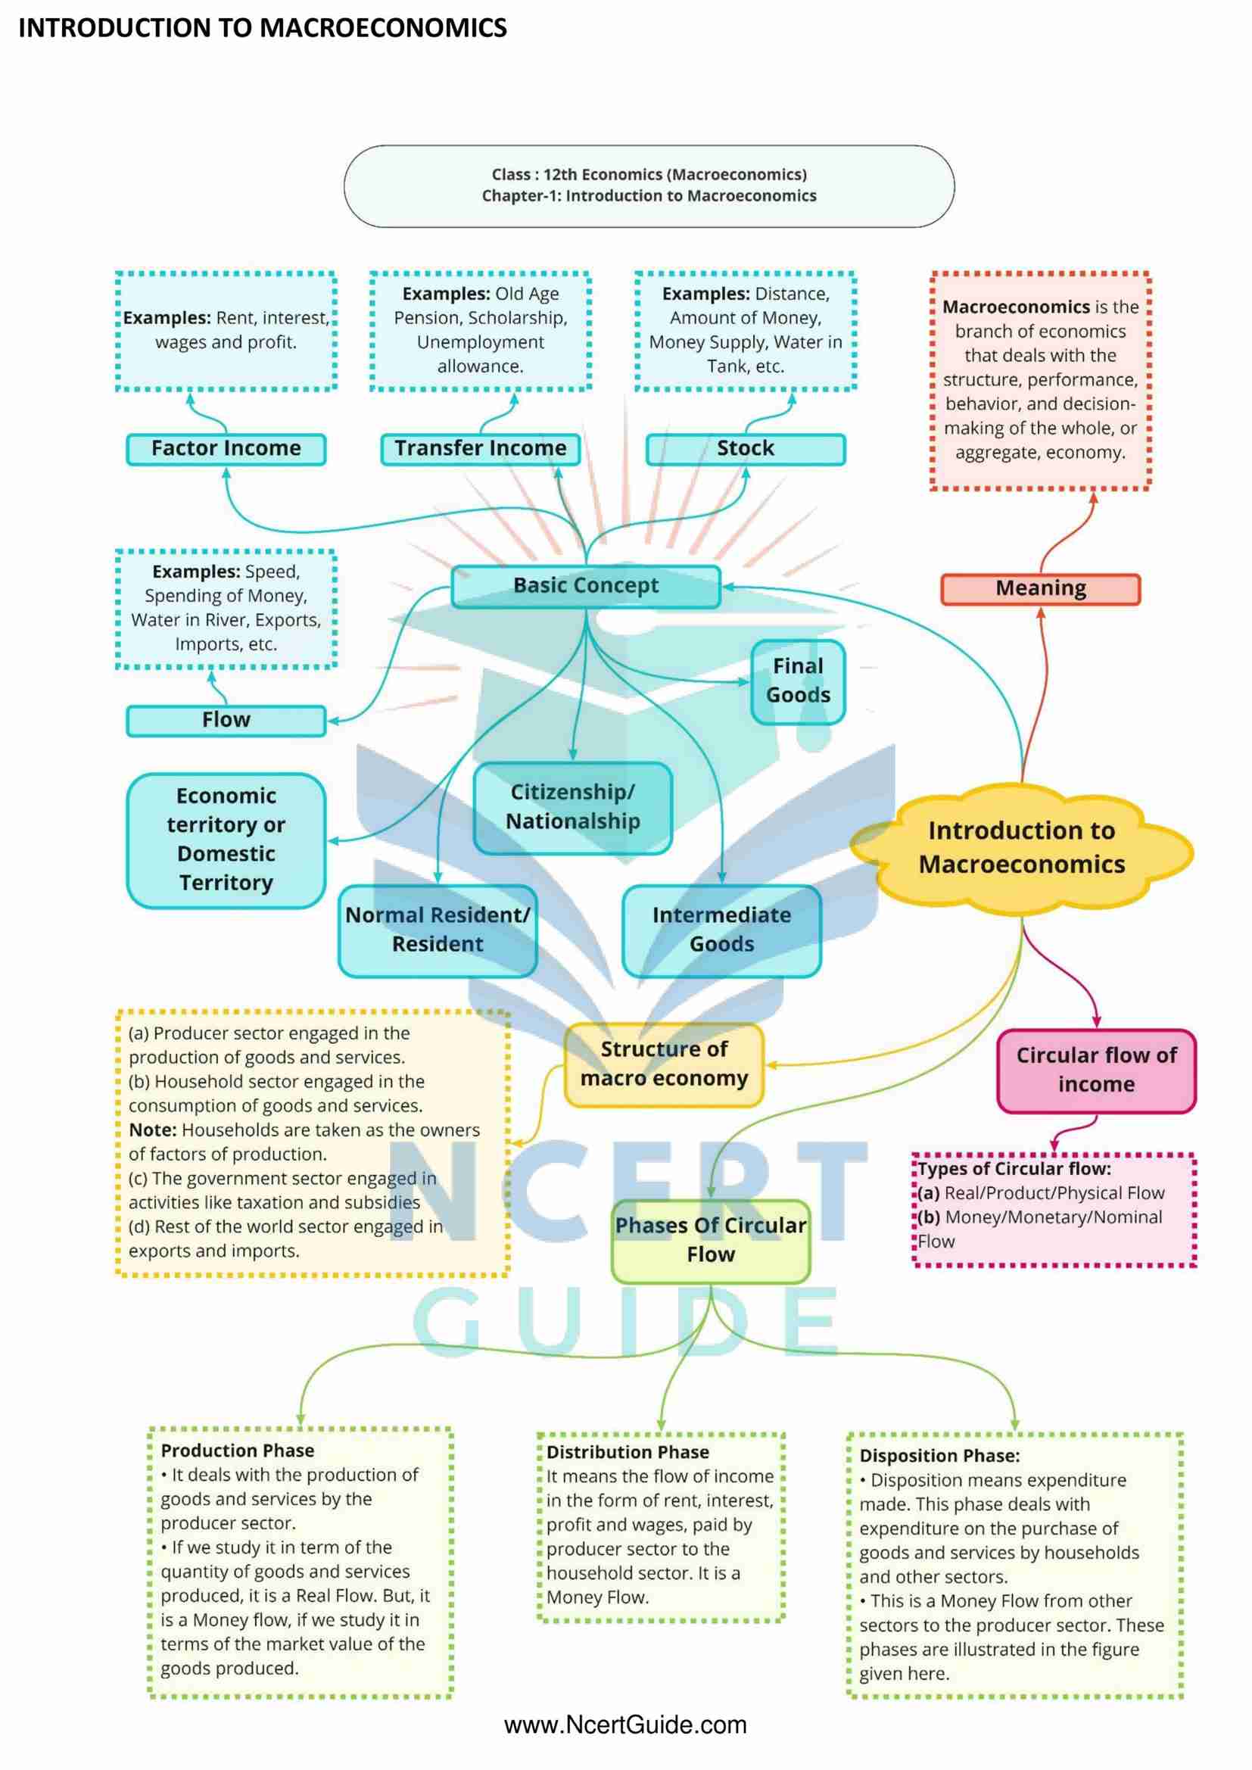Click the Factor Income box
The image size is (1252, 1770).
click(x=226, y=449)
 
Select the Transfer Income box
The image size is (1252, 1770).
click(x=481, y=449)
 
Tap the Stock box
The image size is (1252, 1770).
click(x=746, y=449)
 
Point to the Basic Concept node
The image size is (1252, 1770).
click(x=586, y=586)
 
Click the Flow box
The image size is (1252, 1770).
click(x=226, y=720)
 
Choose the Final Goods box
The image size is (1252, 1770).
click(x=798, y=681)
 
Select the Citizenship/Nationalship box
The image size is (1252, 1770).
click(x=573, y=807)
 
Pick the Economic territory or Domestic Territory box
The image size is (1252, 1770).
click(x=226, y=840)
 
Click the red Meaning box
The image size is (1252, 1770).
click(x=1040, y=589)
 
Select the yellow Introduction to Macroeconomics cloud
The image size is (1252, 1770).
click(x=1021, y=847)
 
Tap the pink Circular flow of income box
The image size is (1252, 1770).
click(x=1095, y=1070)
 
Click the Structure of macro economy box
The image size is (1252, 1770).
click(x=664, y=1064)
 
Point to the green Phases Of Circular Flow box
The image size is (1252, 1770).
click(x=710, y=1239)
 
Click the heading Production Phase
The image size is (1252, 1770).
click(x=238, y=1451)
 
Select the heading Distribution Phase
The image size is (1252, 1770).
click(x=628, y=1452)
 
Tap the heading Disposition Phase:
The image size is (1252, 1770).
click(x=939, y=1457)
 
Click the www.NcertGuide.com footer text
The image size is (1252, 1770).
click(x=625, y=1725)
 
